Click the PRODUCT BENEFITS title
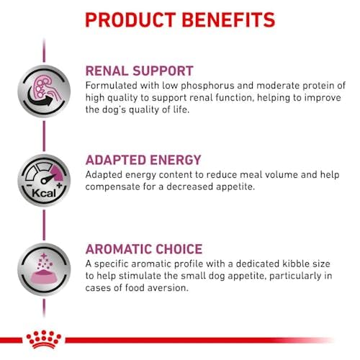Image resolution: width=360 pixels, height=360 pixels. pyautogui.click(x=180, y=19)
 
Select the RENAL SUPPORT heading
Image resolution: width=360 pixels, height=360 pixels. pyautogui.click(x=149, y=71)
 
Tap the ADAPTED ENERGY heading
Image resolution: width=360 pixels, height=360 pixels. pyautogui.click(x=153, y=160)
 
